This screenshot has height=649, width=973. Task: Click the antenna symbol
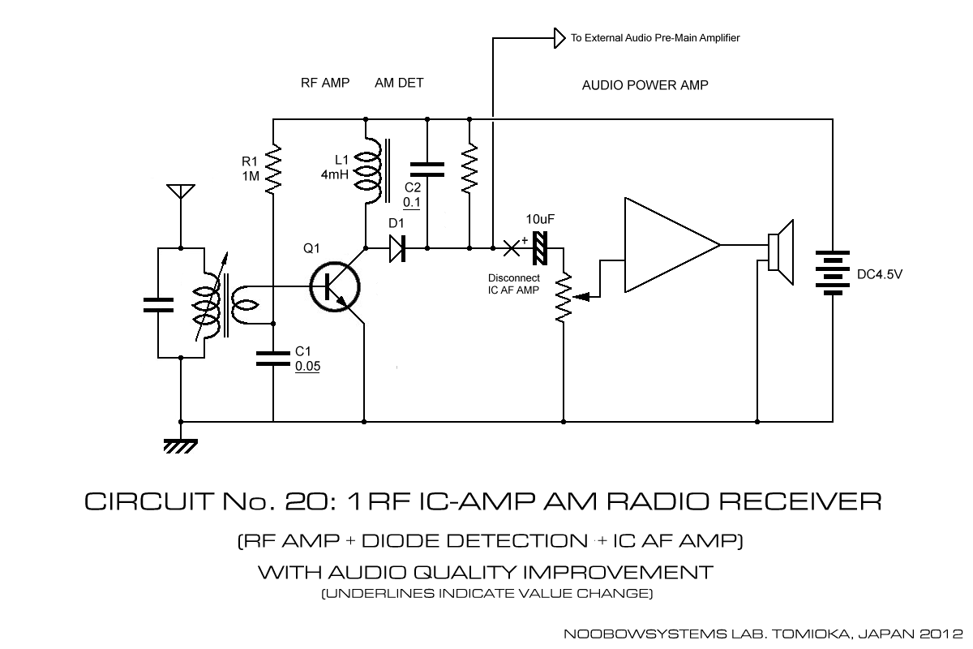178,192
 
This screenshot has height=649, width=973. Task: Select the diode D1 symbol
397,247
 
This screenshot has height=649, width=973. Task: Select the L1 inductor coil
372,170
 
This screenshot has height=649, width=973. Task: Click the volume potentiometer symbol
562,297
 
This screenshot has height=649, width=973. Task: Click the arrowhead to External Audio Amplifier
559,37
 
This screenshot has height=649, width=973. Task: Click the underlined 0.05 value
308,367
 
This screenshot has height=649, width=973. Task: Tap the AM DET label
399,83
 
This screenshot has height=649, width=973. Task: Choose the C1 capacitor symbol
273,358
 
